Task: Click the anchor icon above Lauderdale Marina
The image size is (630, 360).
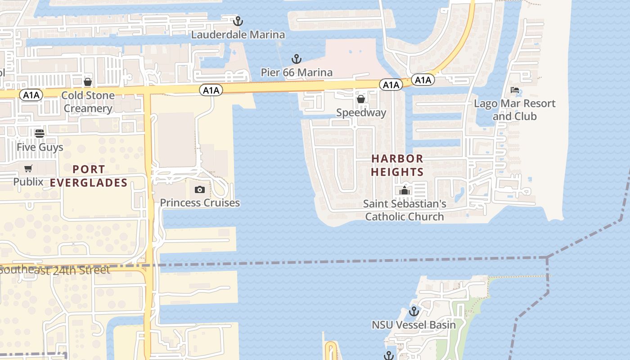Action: point(238,21)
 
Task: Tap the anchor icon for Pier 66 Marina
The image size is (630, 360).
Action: point(296,58)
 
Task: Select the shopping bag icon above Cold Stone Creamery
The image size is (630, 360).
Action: point(88,82)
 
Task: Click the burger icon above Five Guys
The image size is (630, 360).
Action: point(40,133)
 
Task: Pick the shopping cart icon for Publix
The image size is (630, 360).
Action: point(28,169)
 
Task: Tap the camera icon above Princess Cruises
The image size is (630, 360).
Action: point(200,189)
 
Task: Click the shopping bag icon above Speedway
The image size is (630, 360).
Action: point(360,99)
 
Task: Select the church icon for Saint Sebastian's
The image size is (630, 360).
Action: point(405,190)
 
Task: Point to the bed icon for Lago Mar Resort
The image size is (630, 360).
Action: point(515,90)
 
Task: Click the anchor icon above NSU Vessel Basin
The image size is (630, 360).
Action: point(414,311)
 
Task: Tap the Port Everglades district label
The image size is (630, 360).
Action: point(89,176)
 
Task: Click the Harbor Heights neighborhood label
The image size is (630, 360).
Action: point(397,165)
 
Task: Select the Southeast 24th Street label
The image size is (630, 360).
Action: point(55,270)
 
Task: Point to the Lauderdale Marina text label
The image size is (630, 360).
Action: point(238,35)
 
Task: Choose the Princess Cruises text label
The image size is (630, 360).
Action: point(200,202)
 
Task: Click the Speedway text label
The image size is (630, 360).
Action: point(361,112)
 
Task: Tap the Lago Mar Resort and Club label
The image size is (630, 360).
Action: point(514,110)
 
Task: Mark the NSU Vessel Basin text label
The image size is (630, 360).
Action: point(414,324)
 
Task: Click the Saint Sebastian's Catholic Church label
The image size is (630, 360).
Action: point(405,210)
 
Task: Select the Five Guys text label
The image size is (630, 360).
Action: point(40,147)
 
